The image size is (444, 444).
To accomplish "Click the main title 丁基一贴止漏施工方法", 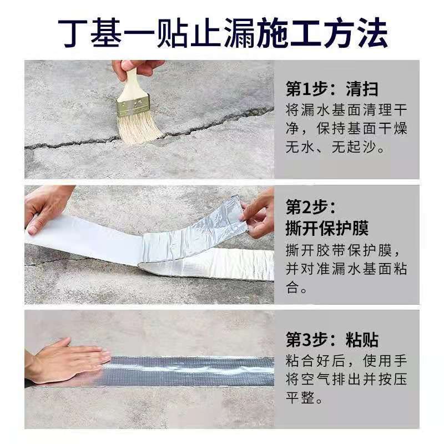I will [222, 32].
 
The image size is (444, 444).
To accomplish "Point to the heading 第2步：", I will [311, 208].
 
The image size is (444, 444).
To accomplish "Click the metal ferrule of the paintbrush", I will [133, 105].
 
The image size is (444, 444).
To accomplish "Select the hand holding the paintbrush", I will [138, 68].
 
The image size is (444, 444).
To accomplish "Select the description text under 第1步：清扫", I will [346, 129].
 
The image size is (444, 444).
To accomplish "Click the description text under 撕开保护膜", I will [346, 269].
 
